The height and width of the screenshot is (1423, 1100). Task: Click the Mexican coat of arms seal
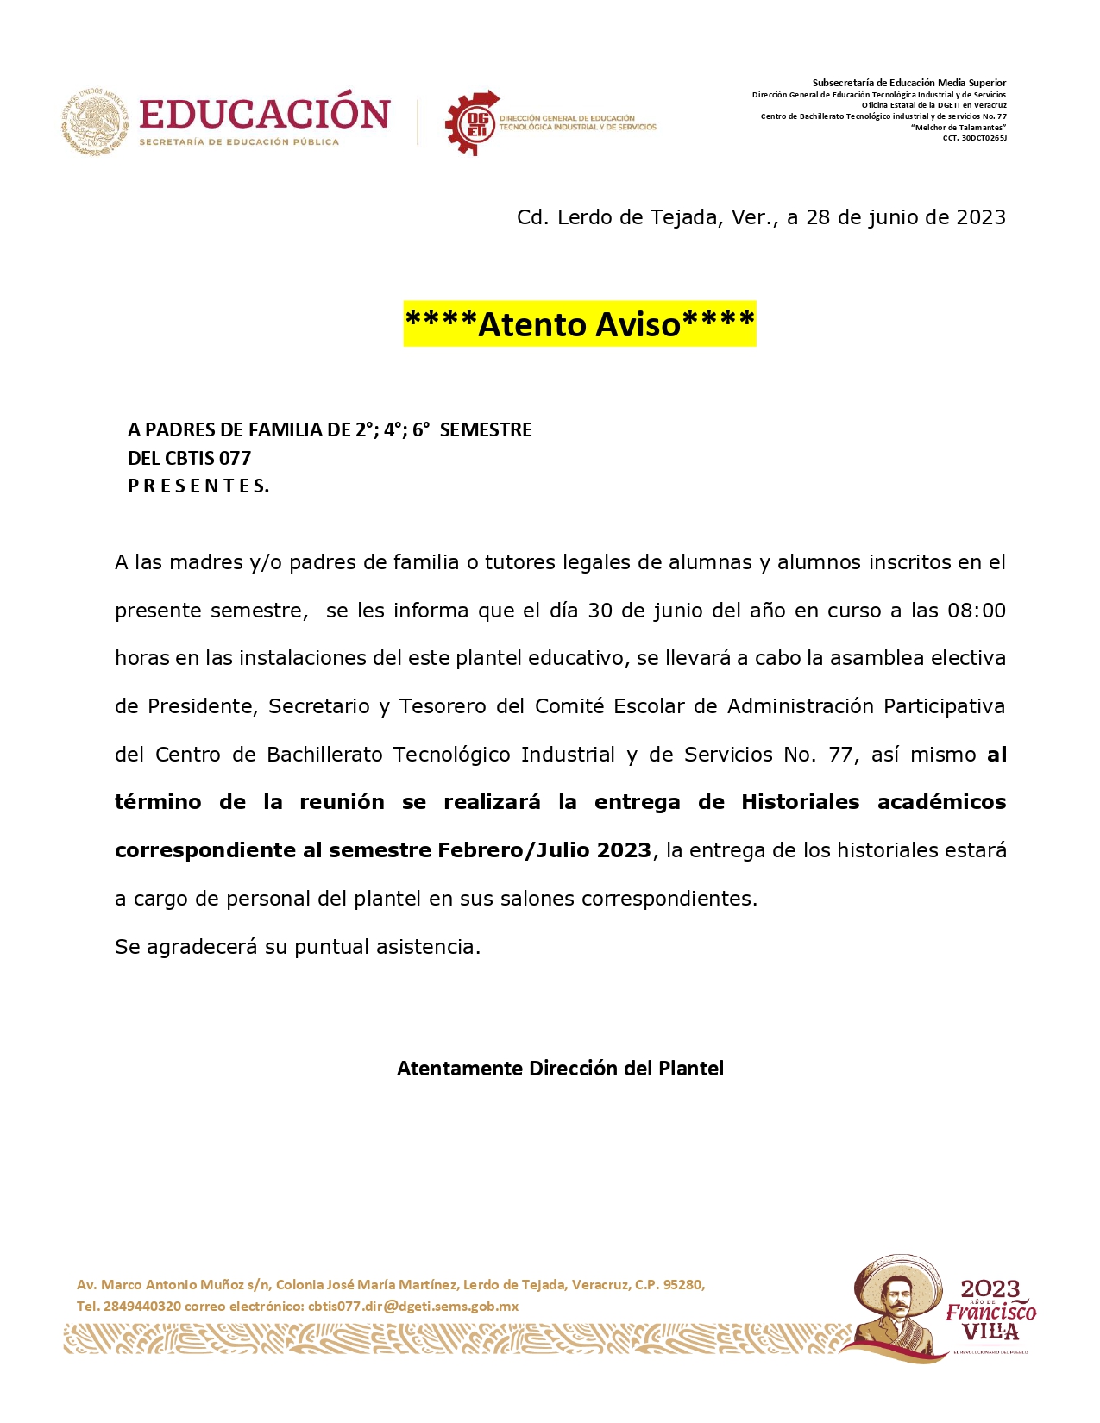point(95,122)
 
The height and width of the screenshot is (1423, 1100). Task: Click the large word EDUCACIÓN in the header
point(264,114)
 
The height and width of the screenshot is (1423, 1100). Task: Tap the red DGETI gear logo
point(473,123)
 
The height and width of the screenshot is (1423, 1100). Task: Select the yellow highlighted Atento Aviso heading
point(580,324)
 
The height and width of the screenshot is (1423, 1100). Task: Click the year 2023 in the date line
point(980,217)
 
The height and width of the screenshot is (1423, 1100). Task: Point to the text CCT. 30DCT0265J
point(974,138)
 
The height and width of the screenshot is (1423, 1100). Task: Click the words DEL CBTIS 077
point(189,458)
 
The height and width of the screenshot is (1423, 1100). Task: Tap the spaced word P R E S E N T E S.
point(198,486)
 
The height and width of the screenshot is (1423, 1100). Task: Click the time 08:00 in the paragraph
point(976,611)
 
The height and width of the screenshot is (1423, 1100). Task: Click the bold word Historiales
point(800,802)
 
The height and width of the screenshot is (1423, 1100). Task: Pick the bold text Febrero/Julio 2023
point(544,850)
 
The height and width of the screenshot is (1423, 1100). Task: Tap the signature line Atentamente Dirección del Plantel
point(560,1069)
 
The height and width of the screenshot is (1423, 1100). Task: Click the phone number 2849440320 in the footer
point(142,1306)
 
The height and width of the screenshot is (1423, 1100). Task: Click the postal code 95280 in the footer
point(682,1284)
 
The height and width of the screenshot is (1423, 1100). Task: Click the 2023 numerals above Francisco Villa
point(990,1289)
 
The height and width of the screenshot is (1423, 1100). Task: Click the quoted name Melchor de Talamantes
point(959,128)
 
